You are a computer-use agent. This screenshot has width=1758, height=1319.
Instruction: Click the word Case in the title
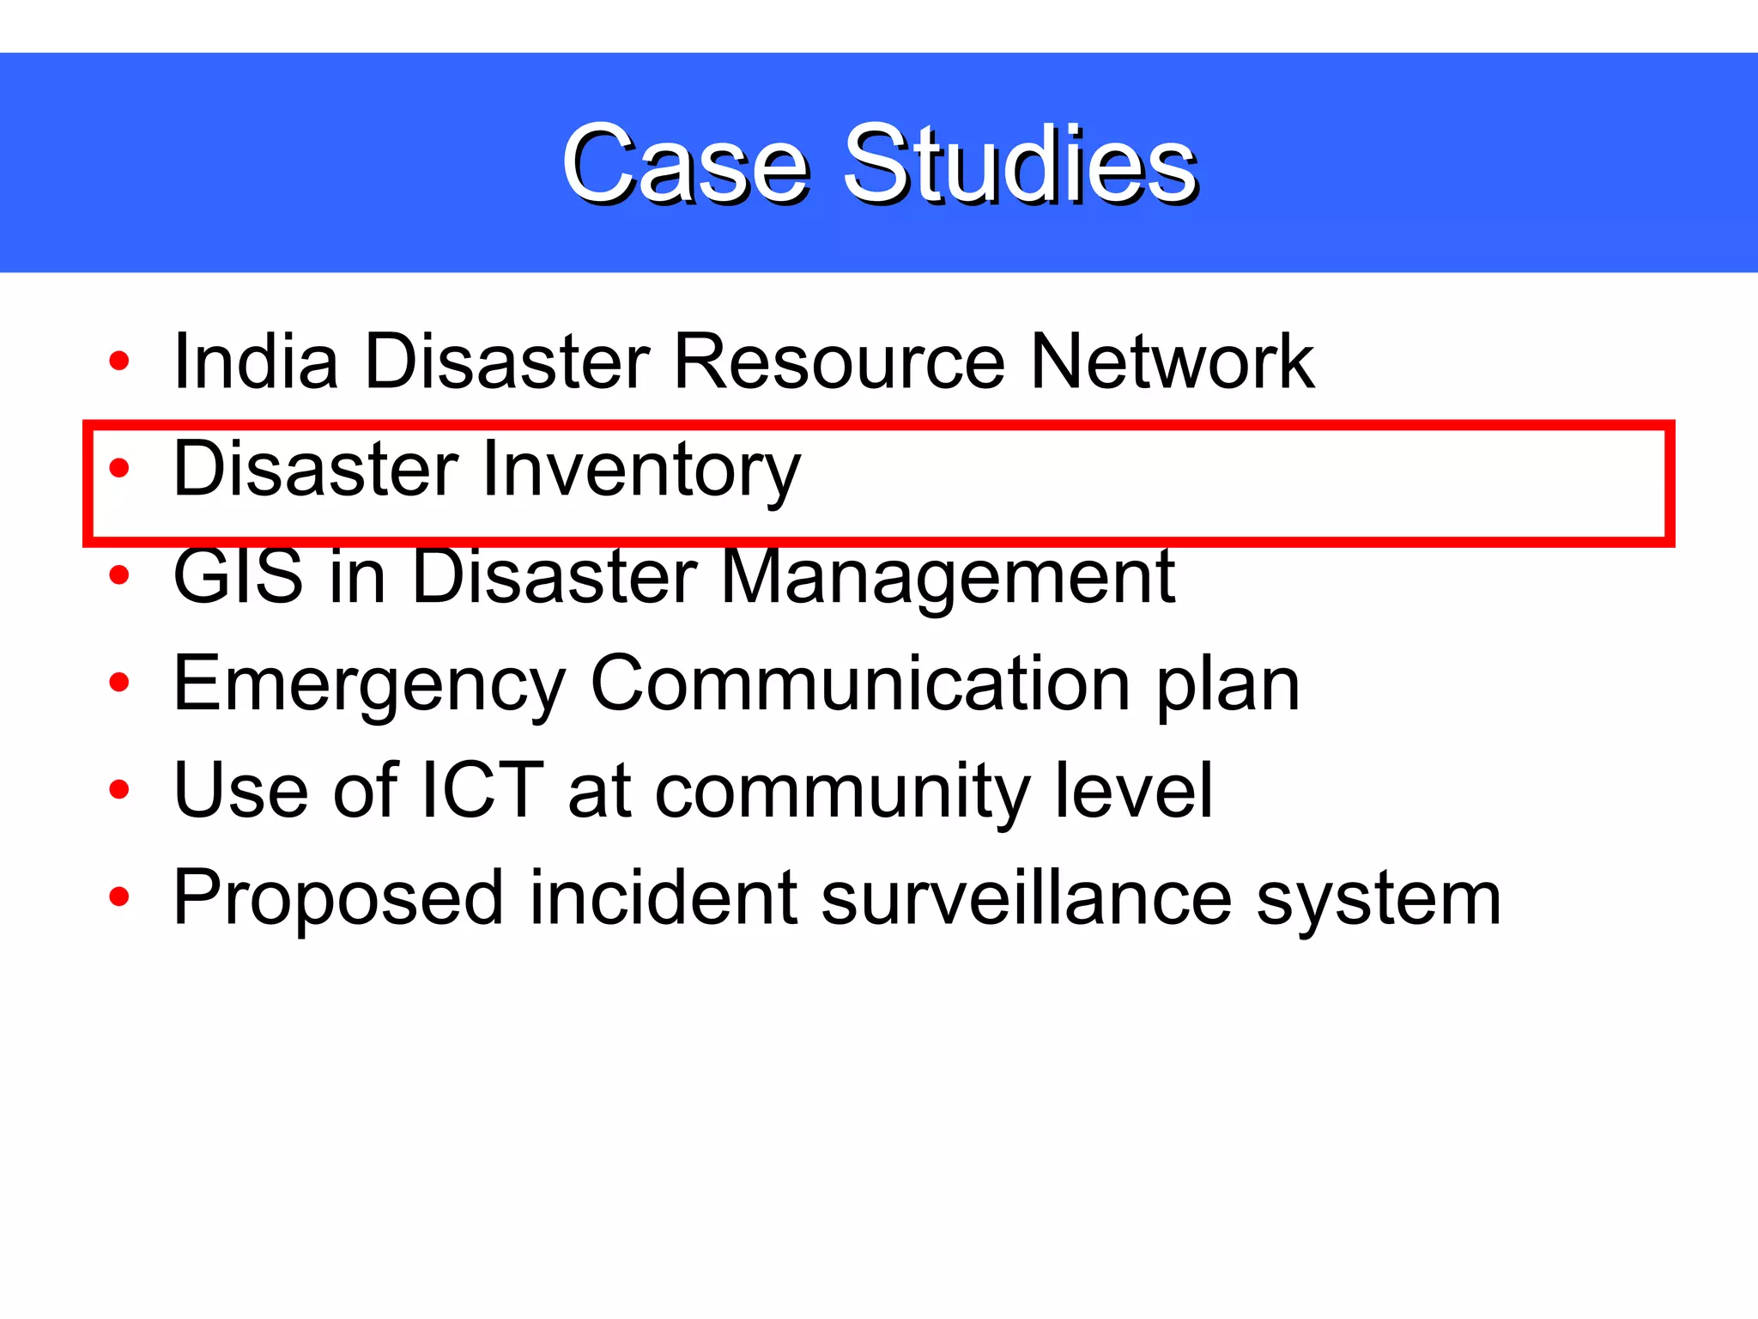(x=685, y=164)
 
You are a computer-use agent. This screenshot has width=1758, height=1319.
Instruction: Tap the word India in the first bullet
(x=255, y=362)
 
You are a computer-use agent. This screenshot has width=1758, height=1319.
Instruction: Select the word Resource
(x=839, y=362)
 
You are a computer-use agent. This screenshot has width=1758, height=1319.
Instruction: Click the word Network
(x=1172, y=362)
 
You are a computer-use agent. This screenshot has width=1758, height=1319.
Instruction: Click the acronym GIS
(x=238, y=576)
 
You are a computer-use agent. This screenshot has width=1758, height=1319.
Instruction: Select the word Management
(x=948, y=576)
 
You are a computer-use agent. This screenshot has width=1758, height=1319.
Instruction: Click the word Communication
(x=860, y=684)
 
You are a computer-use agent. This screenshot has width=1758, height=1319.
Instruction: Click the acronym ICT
(x=482, y=790)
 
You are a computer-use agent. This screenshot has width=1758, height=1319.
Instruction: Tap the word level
(x=1133, y=790)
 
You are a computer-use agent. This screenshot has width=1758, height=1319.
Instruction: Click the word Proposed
(x=338, y=899)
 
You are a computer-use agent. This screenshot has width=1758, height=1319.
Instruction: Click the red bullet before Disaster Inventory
(x=119, y=469)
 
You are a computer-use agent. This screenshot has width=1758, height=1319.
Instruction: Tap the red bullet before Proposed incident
(x=119, y=898)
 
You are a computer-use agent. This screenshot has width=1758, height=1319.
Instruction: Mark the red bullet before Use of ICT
(x=119, y=791)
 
